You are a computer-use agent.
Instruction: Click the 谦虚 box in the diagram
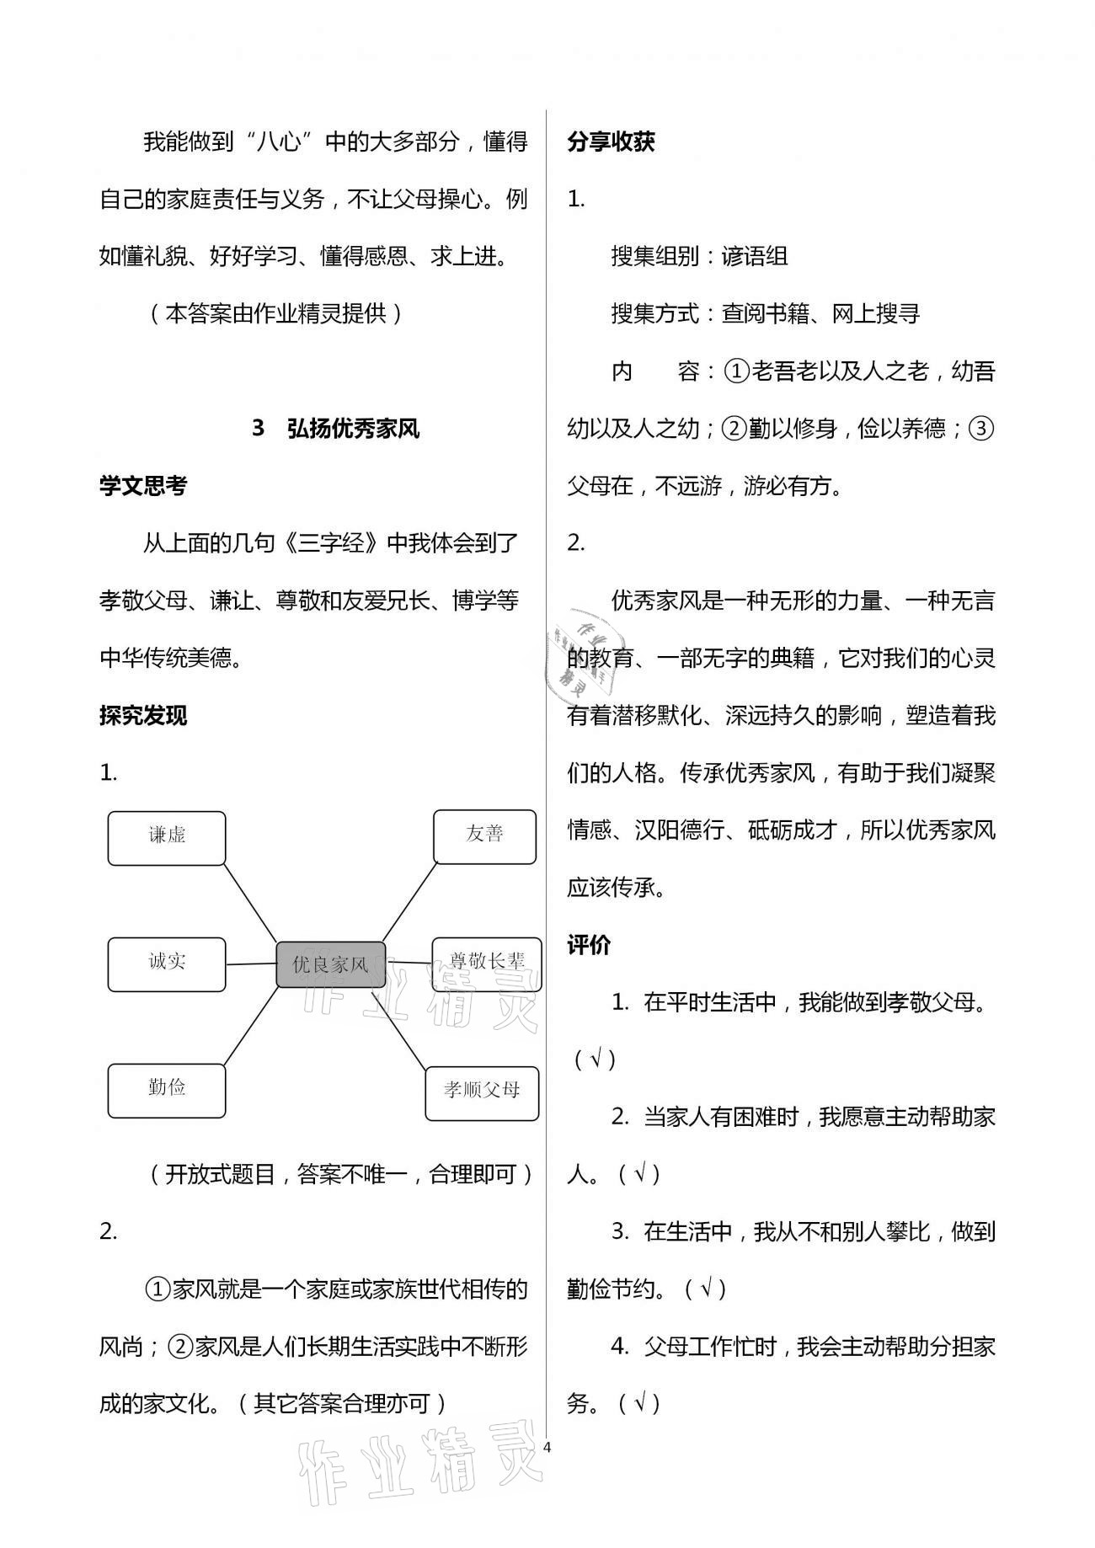[167, 838]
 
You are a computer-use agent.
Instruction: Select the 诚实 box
[167, 964]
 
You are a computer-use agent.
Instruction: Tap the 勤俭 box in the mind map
[167, 1091]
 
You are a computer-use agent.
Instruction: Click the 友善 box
[484, 836]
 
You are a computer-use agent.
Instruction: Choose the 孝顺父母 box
[482, 1092]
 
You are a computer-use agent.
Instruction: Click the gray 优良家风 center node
[331, 964]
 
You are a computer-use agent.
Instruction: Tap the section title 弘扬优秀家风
[353, 429]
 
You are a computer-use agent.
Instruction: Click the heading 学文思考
[143, 486]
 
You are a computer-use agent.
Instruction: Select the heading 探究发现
[143, 715]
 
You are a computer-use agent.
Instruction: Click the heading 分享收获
[612, 141]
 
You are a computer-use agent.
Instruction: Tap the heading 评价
[589, 945]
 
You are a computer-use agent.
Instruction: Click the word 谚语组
[755, 256]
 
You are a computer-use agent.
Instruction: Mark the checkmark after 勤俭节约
[706, 1289]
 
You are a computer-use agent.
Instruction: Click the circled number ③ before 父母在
[980, 429]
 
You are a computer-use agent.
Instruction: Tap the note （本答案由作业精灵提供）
[275, 313]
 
